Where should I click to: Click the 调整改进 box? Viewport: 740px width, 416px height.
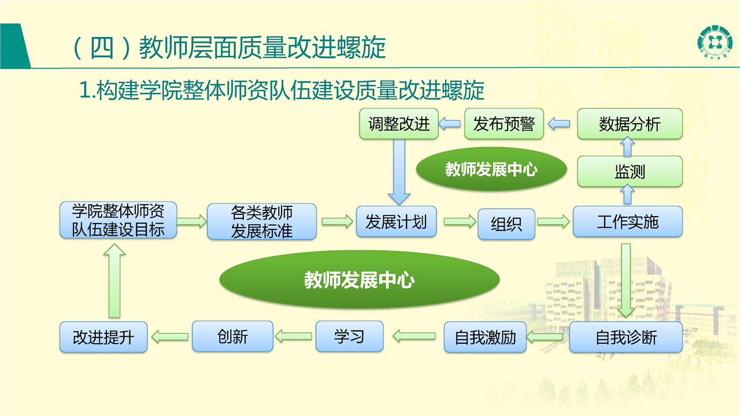[x=399, y=124]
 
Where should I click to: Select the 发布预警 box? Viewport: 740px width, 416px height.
[x=504, y=124]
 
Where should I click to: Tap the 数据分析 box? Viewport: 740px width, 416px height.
[x=630, y=124]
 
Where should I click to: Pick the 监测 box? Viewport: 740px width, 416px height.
[x=630, y=172]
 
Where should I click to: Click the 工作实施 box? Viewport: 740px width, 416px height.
[x=628, y=221]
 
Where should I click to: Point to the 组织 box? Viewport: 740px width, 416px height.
[x=506, y=224]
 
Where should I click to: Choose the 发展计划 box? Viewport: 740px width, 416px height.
[x=396, y=221]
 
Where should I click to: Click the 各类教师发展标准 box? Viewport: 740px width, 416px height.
[x=262, y=221]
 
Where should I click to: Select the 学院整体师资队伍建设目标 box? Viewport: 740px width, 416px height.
[x=118, y=220]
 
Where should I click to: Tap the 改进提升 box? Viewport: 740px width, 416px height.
[x=103, y=337]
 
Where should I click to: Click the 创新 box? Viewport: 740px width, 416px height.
[x=232, y=336]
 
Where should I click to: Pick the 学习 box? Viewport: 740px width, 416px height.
[x=350, y=336]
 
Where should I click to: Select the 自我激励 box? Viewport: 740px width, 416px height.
[x=485, y=337]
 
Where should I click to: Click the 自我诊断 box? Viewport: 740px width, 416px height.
[x=626, y=337]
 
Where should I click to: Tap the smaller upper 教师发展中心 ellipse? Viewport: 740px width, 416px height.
[x=491, y=169]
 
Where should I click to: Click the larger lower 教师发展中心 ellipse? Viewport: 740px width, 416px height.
[x=360, y=280]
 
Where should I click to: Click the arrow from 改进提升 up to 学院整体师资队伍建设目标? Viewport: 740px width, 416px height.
[x=114, y=281]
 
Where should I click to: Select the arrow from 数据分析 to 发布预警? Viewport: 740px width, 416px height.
[x=558, y=124]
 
